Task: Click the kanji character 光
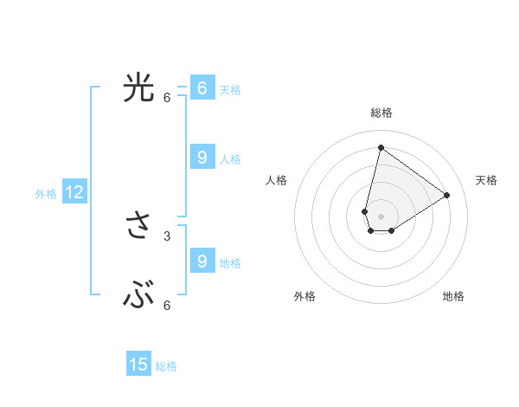[x=138, y=88]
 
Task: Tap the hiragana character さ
[x=138, y=227]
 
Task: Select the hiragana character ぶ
[x=138, y=297]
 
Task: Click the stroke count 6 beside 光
[x=167, y=97]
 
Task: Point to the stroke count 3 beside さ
[x=167, y=236]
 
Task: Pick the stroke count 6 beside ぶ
[x=167, y=305]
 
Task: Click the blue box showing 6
[x=202, y=88]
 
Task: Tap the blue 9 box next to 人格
[x=202, y=158]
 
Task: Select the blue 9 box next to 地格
[x=202, y=262]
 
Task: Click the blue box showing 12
[x=74, y=192]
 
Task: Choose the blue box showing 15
[x=138, y=365]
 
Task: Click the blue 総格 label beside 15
[x=166, y=366]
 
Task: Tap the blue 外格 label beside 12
[x=46, y=194]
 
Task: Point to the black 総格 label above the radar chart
[x=381, y=113]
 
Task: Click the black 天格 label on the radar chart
[x=486, y=180]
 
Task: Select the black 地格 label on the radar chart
[x=453, y=296]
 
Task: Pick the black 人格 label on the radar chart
[x=276, y=180]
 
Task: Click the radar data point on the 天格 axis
[x=447, y=195]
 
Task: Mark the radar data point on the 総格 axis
[x=381, y=147]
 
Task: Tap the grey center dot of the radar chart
[x=381, y=216]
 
